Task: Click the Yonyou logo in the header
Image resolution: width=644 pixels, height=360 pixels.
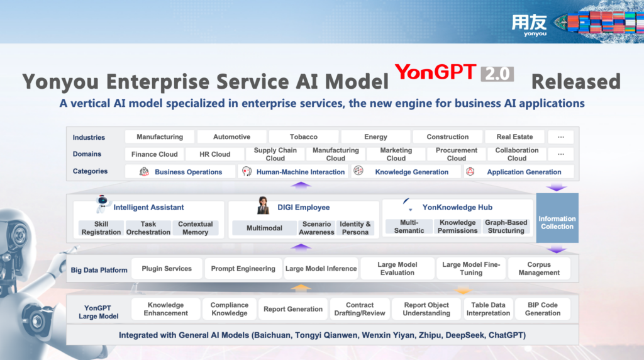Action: coord(529,25)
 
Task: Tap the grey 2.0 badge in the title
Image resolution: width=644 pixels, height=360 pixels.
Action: coord(497,74)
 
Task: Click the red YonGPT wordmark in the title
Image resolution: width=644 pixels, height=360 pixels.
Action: coord(435,73)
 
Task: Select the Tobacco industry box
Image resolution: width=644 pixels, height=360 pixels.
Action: coord(304,137)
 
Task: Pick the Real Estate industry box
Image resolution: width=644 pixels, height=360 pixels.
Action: coord(514,137)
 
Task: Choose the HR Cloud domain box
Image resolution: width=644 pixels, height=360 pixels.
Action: coord(215,154)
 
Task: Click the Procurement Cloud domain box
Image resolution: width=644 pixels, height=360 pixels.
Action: coord(457,154)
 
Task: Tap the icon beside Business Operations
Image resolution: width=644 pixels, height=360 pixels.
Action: coord(144,171)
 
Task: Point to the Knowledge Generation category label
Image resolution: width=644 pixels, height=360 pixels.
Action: coord(411,172)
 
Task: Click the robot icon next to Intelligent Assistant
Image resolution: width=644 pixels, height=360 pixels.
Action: coord(103,204)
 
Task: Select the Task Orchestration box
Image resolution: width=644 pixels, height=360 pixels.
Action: coord(148,228)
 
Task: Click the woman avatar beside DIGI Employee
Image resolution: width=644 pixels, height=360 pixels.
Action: coord(263,205)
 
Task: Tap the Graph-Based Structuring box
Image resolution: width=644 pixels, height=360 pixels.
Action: coord(506,227)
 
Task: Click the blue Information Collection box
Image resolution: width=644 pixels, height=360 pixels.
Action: coord(557,218)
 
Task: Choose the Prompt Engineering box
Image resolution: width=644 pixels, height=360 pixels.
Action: coord(243,268)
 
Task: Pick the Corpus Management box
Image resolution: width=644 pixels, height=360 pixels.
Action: coord(539,268)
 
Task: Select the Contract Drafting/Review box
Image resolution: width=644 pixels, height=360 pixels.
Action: coord(360,309)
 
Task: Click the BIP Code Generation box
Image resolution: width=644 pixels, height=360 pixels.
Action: coord(543,309)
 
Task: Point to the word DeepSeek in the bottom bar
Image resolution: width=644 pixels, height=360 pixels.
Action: coord(465,335)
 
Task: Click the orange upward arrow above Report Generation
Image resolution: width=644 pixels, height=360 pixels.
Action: coord(301,288)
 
